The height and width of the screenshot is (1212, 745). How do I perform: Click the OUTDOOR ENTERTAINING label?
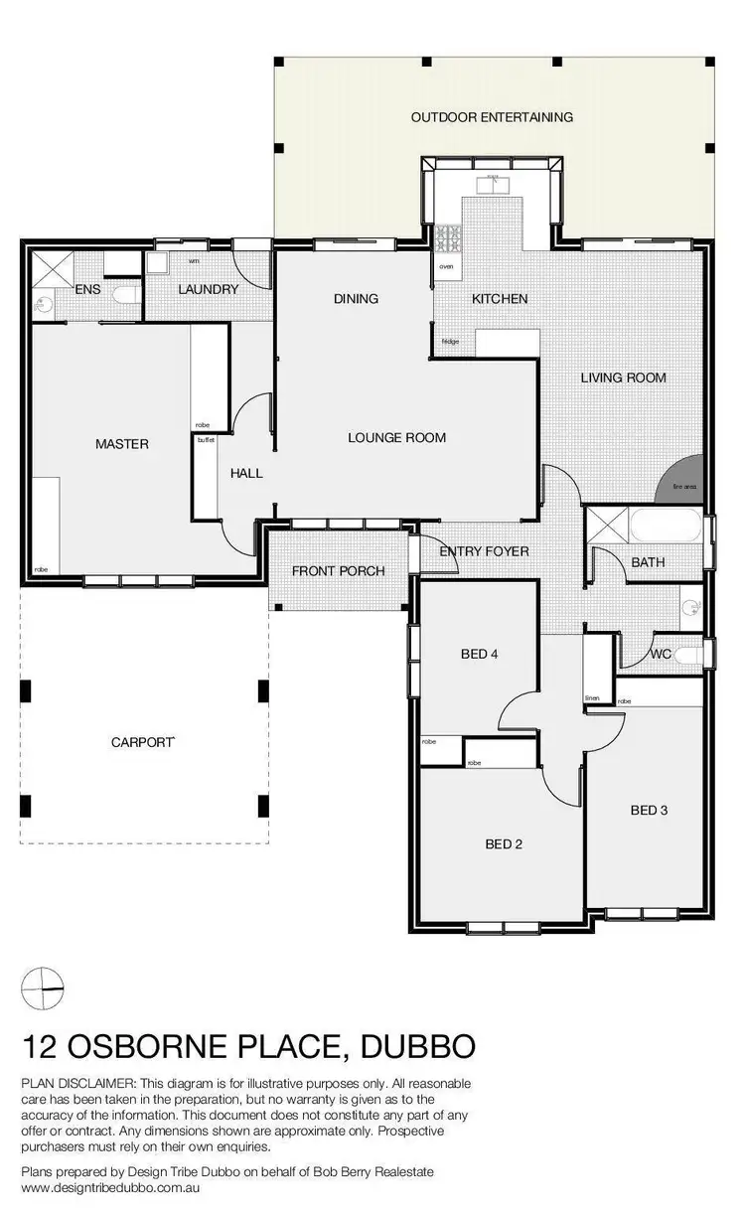point(492,117)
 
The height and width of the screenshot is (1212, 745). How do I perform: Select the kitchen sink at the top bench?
point(492,183)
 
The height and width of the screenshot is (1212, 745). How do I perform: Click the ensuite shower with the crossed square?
point(49,268)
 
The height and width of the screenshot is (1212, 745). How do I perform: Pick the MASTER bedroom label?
point(122,444)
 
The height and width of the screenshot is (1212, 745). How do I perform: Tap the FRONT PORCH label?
point(338,571)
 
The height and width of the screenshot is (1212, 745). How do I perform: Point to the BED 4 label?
point(481,654)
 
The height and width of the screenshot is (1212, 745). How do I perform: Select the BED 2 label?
point(504,844)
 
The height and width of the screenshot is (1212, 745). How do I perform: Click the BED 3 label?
point(649,811)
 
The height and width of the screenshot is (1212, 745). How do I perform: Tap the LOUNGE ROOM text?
point(396,437)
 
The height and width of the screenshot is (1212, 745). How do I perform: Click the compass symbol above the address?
point(44,988)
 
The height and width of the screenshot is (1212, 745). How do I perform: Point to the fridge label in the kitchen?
point(450,342)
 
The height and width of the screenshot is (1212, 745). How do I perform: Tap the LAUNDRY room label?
point(208,290)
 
